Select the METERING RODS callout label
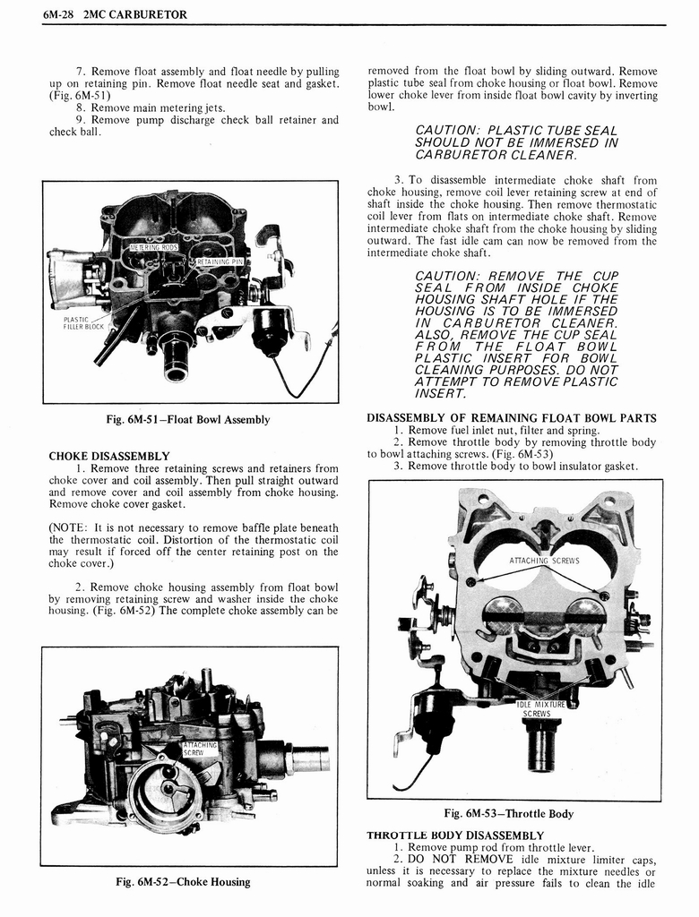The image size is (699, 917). tap(155, 247)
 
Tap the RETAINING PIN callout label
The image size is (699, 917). tap(220, 261)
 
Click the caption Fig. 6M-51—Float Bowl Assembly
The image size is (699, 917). tap(189, 419)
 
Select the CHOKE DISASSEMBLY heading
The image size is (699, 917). tap(108, 456)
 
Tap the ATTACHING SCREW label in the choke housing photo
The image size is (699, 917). tap(200, 749)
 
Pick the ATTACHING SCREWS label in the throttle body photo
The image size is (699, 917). tap(544, 561)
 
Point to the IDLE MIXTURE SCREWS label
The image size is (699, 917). tap(541, 709)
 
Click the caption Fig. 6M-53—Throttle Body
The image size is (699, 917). tap(509, 813)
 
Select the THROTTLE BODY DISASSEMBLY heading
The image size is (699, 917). tap(455, 835)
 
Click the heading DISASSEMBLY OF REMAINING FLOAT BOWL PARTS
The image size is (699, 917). tap(512, 417)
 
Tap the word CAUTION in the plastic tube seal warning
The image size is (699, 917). tap(448, 130)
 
